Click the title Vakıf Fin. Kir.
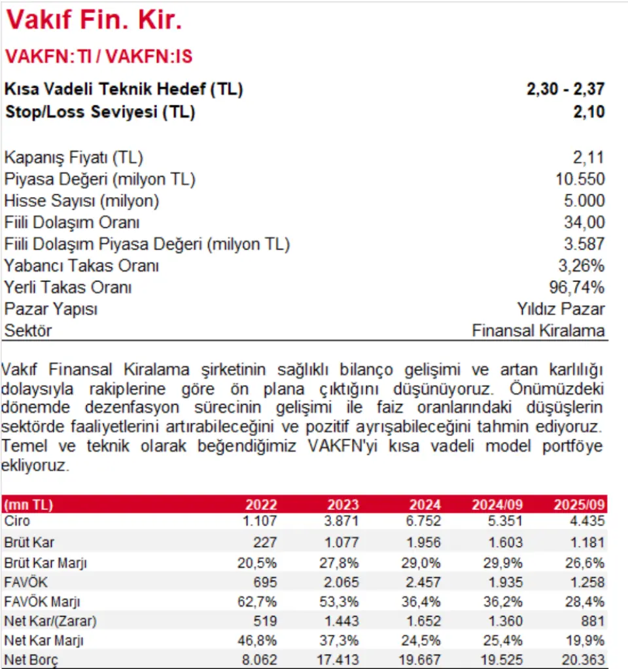tap(94, 22)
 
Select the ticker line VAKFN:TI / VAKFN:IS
tap(99, 56)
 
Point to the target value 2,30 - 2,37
tap(565, 90)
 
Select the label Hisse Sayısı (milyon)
tap(82, 201)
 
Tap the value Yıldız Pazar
tap(561, 309)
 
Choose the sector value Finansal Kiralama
tap(538, 331)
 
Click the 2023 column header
tap(343, 505)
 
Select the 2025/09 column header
tap(580, 505)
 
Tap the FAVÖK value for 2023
tap(342, 581)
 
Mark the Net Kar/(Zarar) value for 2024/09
tap(506, 621)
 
